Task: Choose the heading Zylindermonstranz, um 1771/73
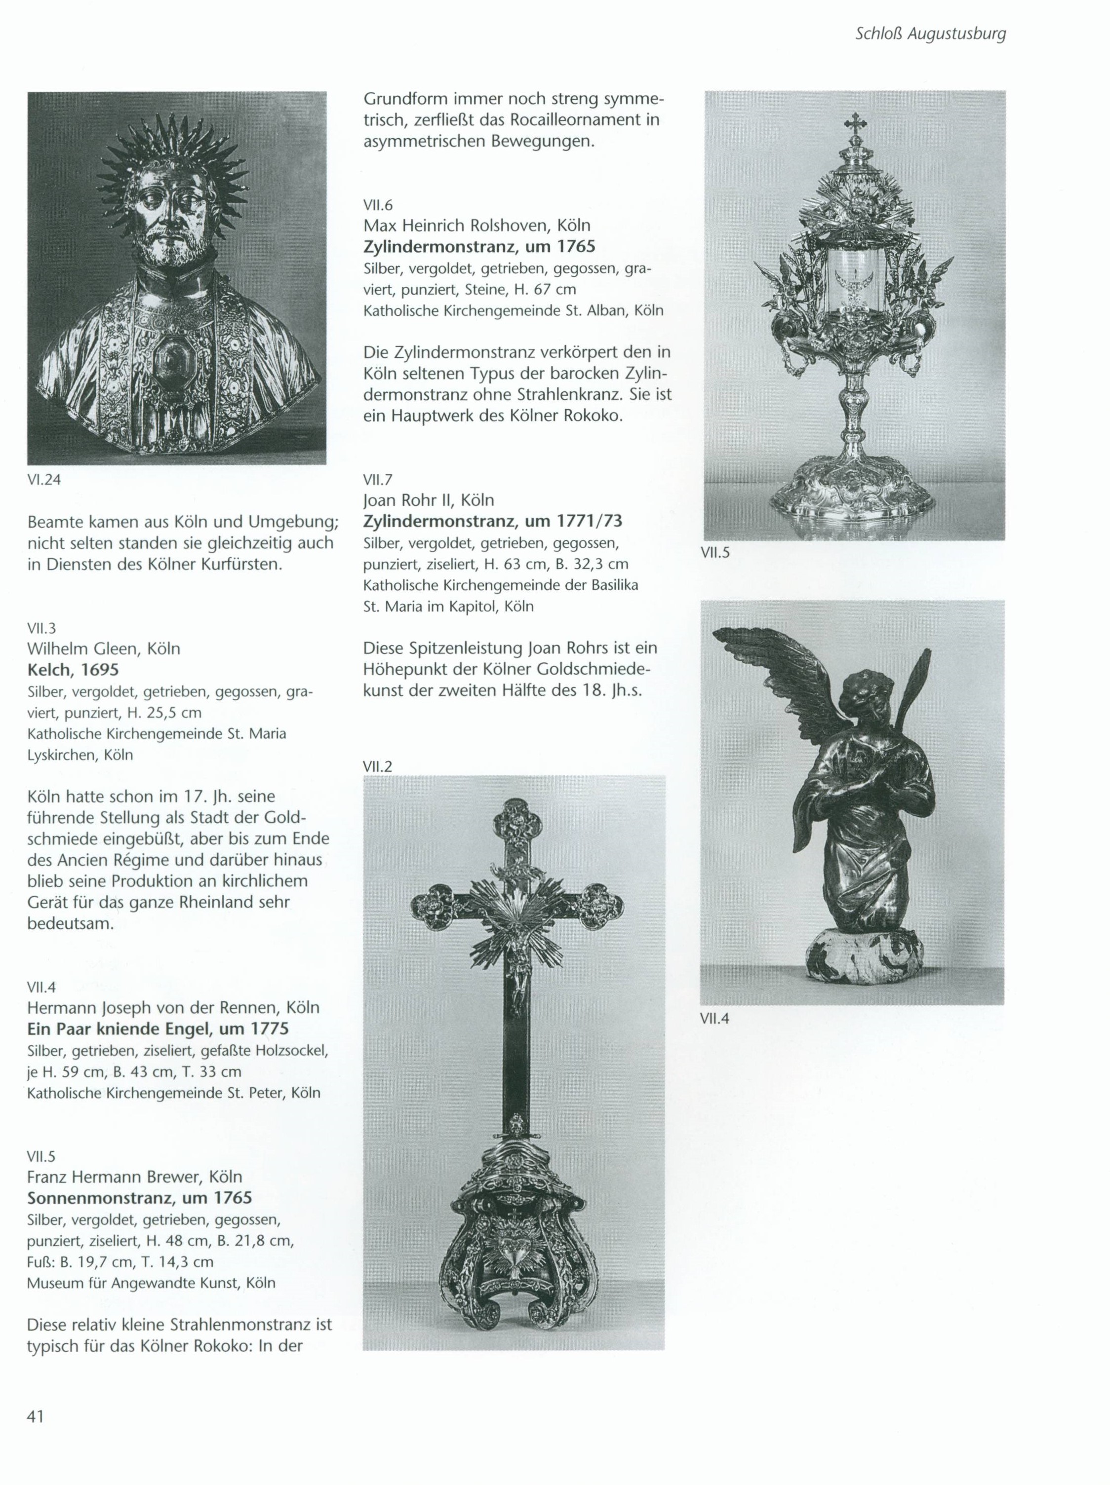[493, 521]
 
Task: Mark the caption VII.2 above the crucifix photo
[377, 766]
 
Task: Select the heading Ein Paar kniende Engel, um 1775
[158, 1029]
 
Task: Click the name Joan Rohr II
[428, 500]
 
